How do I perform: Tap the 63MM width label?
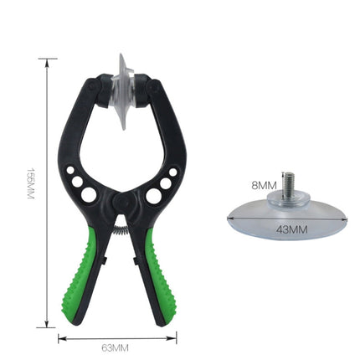click(x=117, y=347)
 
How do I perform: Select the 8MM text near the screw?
click(x=265, y=185)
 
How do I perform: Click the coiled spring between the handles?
click(x=120, y=224)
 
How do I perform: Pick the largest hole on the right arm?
click(x=153, y=196)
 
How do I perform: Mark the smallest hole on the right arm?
click(x=172, y=172)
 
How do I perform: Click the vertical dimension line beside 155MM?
click(x=48, y=193)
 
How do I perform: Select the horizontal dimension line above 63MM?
click(x=117, y=337)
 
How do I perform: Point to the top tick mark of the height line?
click(x=48, y=59)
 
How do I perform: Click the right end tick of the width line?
click(x=177, y=337)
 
